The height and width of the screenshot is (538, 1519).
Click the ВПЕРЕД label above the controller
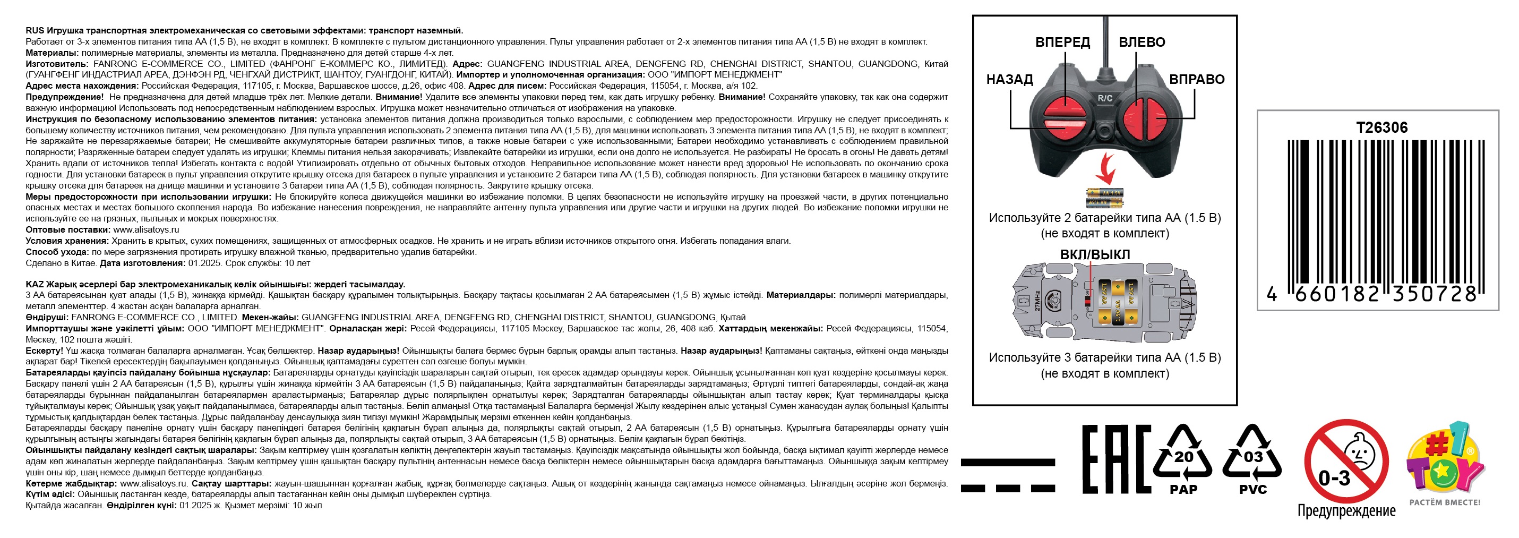(x=1062, y=42)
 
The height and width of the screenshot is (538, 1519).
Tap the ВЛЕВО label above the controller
(x=1142, y=42)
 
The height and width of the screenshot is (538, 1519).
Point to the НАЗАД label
(x=1009, y=80)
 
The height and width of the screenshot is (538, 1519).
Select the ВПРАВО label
(x=1196, y=80)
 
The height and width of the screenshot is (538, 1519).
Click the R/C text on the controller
(x=1105, y=98)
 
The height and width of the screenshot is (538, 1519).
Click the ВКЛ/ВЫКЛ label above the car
(x=1095, y=255)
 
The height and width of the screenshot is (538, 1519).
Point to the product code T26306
(x=1381, y=127)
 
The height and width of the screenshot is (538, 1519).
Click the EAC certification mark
(x=1116, y=459)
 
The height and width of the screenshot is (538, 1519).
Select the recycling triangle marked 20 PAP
(x=1183, y=459)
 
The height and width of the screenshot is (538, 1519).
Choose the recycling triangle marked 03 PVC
(x=1252, y=459)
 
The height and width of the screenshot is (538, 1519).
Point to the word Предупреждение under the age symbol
(x=1346, y=511)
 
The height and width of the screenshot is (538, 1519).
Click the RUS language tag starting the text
(x=35, y=31)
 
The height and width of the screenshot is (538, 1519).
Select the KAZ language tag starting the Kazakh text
(x=35, y=284)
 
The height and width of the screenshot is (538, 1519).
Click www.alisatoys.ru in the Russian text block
(x=145, y=230)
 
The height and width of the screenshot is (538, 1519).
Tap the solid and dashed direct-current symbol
(x=1008, y=475)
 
